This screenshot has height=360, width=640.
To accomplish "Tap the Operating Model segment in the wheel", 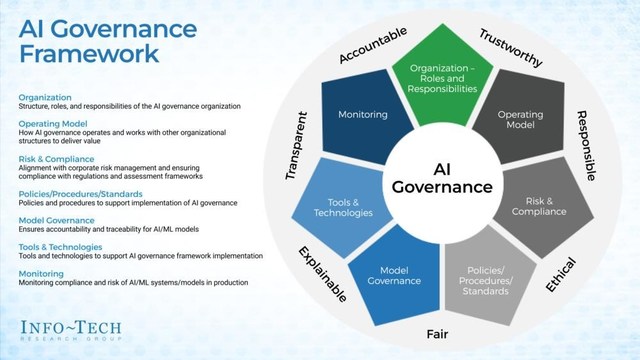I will (519, 121).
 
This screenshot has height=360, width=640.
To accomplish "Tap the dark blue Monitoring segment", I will (363, 115).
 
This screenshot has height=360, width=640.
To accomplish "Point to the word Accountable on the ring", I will (373, 45).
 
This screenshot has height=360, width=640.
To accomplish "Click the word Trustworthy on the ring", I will (511, 46).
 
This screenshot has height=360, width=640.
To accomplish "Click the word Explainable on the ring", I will (322, 274).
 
